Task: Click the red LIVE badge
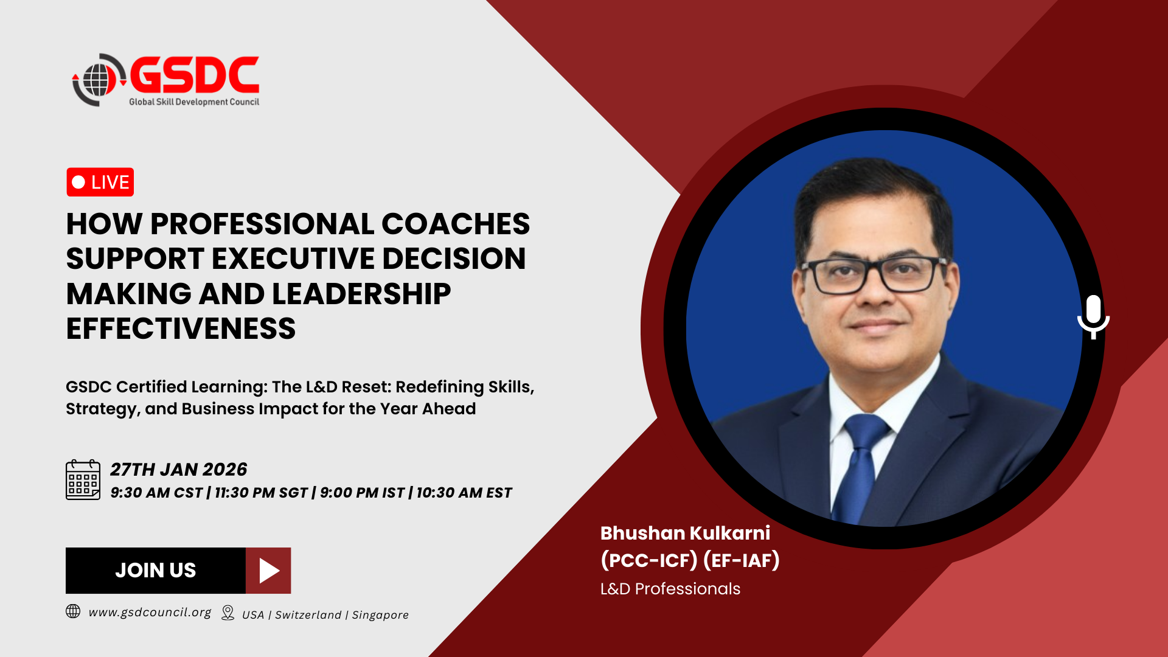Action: (x=100, y=182)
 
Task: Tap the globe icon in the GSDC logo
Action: (x=97, y=80)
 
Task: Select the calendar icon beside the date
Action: (x=83, y=480)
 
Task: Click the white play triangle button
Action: (x=269, y=571)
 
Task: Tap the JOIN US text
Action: (x=156, y=570)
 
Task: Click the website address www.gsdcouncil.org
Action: (x=150, y=613)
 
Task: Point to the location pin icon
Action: (x=228, y=613)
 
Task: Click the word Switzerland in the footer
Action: (x=308, y=615)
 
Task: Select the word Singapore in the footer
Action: (x=380, y=615)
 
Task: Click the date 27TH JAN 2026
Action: (x=178, y=470)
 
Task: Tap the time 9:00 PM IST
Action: (x=362, y=493)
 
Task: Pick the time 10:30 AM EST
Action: (x=464, y=493)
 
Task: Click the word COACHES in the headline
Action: (x=456, y=224)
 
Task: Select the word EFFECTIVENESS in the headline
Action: (x=181, y=328)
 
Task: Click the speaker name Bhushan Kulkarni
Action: (x=685, y=533)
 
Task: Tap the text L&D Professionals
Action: (x=670, y=589)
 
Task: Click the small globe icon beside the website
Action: (x=73, y=611)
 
